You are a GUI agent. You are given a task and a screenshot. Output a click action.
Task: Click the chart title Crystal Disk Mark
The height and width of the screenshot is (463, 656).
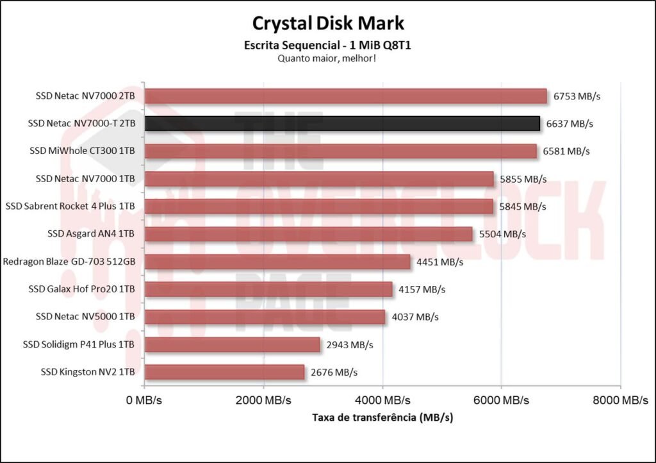click(328, 24)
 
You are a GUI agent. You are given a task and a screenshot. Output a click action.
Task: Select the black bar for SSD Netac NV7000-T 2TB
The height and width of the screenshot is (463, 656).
click(342, 123)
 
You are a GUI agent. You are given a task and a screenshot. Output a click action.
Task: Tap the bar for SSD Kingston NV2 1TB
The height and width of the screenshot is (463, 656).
click(224, 372)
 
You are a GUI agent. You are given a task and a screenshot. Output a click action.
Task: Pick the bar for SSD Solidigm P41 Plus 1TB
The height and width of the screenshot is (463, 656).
click(232, 344)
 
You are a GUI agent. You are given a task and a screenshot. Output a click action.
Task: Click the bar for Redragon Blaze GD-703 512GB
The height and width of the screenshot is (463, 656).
click(277, 262)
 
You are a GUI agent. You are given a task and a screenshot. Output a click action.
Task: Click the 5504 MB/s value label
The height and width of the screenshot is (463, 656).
click(502, 234)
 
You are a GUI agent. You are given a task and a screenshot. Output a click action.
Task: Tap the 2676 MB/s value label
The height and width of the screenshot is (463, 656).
click(334, 372)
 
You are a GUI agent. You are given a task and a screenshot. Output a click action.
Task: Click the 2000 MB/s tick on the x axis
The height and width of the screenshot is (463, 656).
click(263, 400)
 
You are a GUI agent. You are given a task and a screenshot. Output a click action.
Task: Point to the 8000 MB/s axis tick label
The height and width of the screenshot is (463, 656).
click(620, 400)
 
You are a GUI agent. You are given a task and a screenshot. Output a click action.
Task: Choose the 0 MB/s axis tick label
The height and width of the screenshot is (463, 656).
click(145, 400)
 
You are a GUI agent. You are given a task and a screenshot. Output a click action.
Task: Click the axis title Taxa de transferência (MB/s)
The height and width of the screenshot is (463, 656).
click(382, 417)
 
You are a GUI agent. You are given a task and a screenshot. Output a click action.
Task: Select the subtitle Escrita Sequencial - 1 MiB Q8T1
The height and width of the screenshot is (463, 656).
click(328, 46)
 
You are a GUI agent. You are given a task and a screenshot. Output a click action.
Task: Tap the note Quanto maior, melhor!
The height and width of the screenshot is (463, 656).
click(328, 58)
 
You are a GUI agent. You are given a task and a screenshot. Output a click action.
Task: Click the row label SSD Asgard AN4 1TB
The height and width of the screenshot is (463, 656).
click(91, 234)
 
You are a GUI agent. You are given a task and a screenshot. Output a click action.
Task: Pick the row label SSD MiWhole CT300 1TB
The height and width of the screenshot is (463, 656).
click(82, 151)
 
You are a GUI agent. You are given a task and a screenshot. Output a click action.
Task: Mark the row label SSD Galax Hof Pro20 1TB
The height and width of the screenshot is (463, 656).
click(81, 289)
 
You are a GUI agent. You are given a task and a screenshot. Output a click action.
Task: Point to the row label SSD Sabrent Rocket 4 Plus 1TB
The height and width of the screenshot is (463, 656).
click(70, 206)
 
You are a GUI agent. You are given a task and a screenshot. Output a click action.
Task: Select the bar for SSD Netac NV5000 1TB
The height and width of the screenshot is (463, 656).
click(265, 317)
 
